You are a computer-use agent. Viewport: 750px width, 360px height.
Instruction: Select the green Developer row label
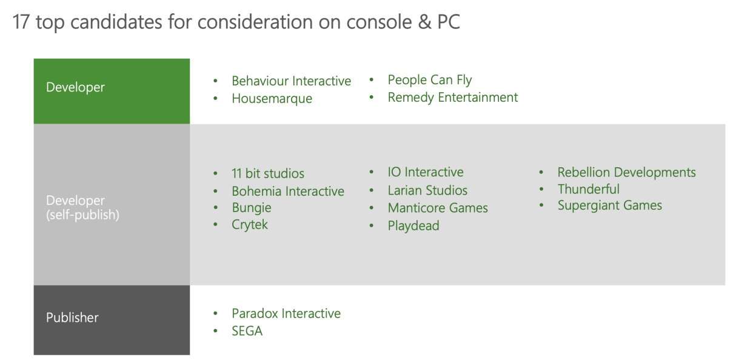(x=75, y=87)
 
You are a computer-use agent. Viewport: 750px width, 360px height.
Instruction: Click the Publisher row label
(x=72, y=318)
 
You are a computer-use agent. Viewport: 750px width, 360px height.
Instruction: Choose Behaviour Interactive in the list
(x=291, y=81)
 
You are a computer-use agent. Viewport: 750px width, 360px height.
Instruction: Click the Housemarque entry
(x=272, y=99)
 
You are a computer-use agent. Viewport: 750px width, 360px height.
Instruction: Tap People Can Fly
(x=429, y=80)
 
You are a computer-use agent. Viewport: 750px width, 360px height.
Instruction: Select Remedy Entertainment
(x=452, y=98)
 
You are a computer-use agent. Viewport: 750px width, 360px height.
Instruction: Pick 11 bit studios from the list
(x=267, y=174)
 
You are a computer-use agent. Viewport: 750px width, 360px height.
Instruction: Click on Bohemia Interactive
(x=287, y=192)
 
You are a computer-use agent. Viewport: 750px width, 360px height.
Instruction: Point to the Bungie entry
(x=251, y=208)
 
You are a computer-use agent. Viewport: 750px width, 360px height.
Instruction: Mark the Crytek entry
(x=249, y=225)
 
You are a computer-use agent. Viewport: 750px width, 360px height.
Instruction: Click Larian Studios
(x=427, y=190)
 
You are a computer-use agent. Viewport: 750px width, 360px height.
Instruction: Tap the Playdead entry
(x=413, y=226)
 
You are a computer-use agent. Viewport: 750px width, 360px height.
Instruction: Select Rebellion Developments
(x=626, y=173)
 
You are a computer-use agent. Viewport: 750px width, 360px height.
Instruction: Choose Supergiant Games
(x=609, y=205)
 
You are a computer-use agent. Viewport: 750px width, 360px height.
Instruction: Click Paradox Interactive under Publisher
(x=286, y=314)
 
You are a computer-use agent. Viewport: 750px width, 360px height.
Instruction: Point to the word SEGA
(x=247, y=332)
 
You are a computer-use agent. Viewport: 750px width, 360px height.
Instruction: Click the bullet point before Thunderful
(x=541, y=190)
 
